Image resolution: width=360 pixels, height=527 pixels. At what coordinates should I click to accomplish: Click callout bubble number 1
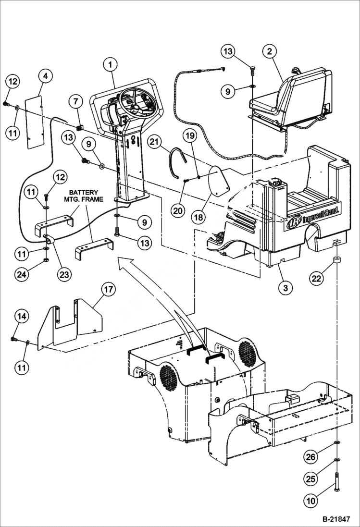coord(111,64)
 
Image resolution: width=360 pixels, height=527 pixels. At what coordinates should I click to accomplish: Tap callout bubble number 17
coord(108,289)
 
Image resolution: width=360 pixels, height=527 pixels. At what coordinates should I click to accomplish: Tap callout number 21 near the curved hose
coord(154,142)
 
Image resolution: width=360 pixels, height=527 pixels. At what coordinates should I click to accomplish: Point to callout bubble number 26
coord(311,457)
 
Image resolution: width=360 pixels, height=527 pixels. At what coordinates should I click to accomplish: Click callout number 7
coord(75,102)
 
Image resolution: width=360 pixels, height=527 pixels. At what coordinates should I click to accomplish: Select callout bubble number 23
coord(64,274)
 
